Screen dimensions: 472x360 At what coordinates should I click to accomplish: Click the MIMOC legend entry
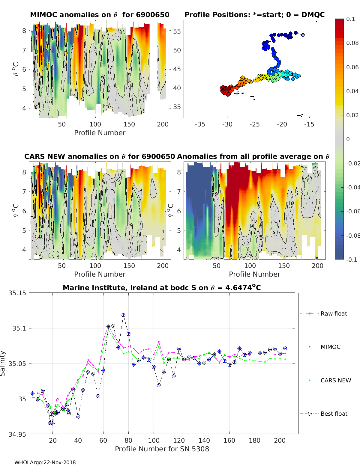click(x=330, y=347)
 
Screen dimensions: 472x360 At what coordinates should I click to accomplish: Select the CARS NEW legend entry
click(x=335, y=380)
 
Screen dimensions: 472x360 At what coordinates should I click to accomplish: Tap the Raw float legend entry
click(x=334, y=313)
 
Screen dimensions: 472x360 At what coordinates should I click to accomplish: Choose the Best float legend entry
click(x=334, y=414)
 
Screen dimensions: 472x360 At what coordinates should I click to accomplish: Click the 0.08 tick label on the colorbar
click(x=352, y=43)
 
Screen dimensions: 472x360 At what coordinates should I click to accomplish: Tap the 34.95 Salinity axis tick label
click(x=17, y=434)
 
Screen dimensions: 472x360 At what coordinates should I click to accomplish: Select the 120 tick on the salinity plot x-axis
click(x=179, y=440)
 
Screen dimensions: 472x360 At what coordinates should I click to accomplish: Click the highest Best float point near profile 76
click(x=124, y=315)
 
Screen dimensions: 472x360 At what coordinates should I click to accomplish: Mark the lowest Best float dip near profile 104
click(x=159, y=385)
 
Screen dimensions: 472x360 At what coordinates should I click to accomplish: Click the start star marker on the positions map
click(x=303, y=35)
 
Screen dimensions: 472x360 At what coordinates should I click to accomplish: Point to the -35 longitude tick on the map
click(x=200, y=124)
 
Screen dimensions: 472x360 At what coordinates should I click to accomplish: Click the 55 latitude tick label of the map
click(x=177, y=31)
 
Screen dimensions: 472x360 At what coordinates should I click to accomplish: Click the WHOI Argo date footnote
click(x=45, y=462)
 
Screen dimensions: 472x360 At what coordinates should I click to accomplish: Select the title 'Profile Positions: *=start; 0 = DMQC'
click(x=254, y=15)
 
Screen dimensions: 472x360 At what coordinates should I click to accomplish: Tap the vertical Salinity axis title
click(x=3, y=363)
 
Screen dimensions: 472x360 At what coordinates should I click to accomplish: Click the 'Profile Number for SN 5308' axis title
click(x=162, y=449)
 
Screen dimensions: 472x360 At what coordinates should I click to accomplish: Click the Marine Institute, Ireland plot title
click(x=162, y=288)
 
